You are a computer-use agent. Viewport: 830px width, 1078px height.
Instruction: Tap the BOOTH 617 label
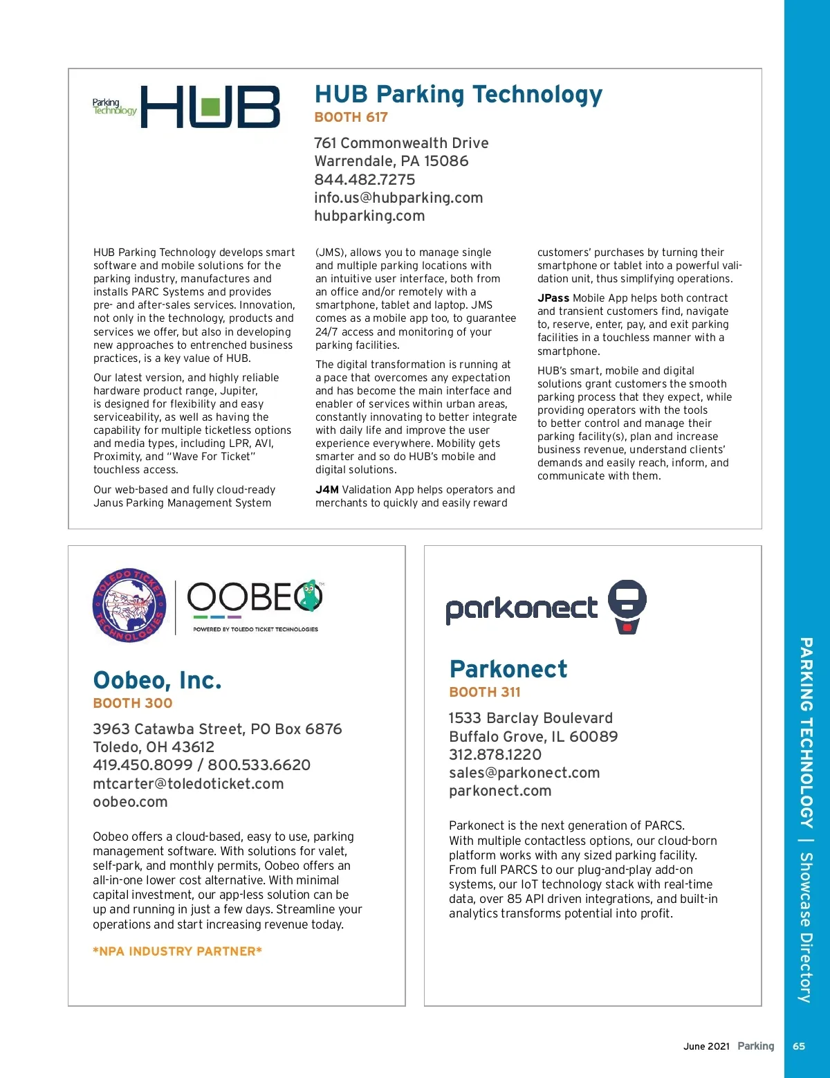click(x=351, y=118)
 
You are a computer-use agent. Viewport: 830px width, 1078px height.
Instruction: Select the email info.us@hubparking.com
click(x=398, y=198)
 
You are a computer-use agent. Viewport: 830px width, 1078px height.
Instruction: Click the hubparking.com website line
click(x=369, y=216)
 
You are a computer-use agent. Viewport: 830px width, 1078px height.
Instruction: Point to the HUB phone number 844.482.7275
click(x=365, y=180)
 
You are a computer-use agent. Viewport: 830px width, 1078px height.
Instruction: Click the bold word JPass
click(x=553, y=298)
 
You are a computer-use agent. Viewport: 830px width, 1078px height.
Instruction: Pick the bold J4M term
click(x=327, y=490)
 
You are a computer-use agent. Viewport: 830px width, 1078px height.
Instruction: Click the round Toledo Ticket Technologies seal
click(x=129, y=605)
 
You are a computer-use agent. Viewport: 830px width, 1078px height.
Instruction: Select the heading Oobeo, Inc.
click(x=157, y=680)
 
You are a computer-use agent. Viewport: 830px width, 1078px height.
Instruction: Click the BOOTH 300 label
click(x=133, y=704)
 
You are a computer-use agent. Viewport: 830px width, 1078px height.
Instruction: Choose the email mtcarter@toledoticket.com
click(x=188, y=784)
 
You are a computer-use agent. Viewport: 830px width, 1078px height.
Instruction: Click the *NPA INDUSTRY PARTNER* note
click(x=177, y=951)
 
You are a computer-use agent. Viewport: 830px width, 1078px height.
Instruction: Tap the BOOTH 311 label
click(x=484, y=692)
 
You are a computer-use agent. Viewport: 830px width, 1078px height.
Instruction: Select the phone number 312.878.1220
click(x=495, y=755)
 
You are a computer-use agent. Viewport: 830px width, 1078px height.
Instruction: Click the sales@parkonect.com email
click(x=524, y=773)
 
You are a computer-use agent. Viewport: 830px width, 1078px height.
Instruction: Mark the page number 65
click(x=799, y=1046)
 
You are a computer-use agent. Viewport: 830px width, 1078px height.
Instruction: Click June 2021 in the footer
click(x=706, y=1046)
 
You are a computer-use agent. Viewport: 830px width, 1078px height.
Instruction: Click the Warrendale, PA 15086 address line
click(x=391, y=161)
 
